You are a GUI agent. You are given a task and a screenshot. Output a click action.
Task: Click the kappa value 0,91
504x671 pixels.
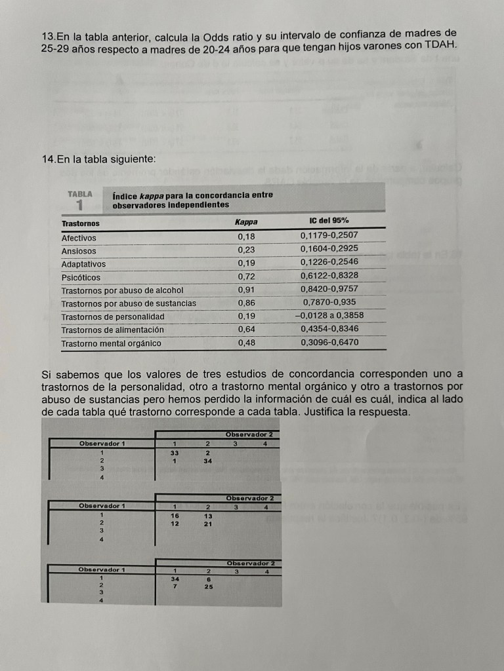246,290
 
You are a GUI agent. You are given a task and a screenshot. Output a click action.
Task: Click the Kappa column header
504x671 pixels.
245,222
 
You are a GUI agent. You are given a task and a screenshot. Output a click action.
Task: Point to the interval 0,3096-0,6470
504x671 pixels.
329,342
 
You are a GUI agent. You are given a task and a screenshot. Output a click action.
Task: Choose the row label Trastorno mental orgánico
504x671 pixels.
111,343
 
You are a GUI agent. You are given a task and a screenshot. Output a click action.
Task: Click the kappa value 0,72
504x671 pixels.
246,277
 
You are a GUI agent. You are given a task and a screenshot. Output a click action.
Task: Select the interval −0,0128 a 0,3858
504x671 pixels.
329,316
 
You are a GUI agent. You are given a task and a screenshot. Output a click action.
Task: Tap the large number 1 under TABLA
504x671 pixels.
79,204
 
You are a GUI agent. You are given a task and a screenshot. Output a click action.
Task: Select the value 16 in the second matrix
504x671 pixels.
175,516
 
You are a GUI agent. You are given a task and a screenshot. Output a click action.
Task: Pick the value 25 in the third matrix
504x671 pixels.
208,586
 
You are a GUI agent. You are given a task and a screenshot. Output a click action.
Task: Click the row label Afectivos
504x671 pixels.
79,238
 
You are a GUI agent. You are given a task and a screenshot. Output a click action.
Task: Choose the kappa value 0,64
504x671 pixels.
246,329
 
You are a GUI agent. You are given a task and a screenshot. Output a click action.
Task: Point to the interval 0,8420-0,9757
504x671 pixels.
329,289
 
